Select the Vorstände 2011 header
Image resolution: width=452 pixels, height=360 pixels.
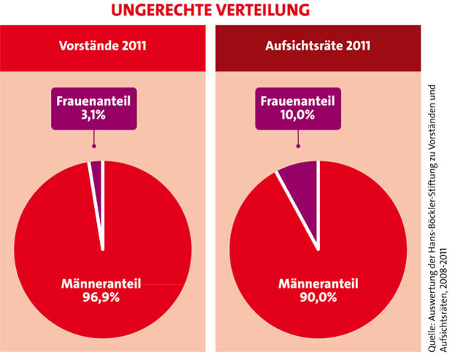[103, 45]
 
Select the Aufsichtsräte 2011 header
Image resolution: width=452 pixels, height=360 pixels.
[316, 45]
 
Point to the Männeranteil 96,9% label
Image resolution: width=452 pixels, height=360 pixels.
[102, 289]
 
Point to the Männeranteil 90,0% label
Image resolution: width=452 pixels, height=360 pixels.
[316, 289]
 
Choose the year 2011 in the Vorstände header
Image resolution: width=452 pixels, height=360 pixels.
[131, 45]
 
